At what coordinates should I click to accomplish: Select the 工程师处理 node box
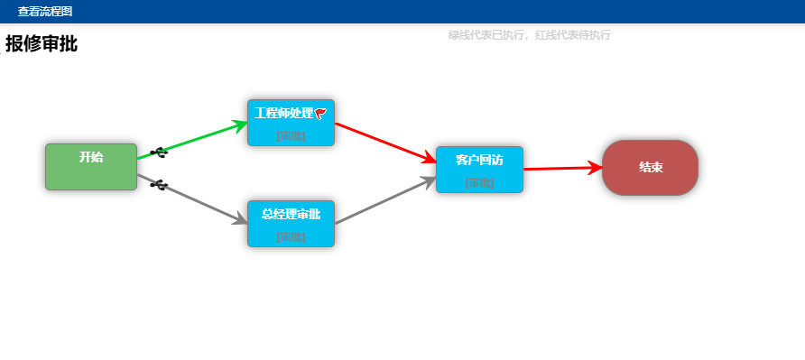click(x=291, y=124)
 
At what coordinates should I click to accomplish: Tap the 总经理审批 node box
click(x=291, y=225)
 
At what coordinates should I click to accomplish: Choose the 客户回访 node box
click(x=479, y=171)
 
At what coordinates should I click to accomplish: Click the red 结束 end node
click(x=650, y=167)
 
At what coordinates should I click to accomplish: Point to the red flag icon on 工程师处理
click(x=320, y=113)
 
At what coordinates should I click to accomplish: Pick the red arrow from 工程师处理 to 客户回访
click(x=384, y=143)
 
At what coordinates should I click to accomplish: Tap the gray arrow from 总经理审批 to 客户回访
click(x=384, y=200)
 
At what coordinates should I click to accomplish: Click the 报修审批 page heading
click(x=42, y=43)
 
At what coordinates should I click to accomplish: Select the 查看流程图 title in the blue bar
click(x=45, y=12)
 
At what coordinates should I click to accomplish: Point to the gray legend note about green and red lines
click(x=530, y=35)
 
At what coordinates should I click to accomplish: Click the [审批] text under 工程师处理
click(x=291, y=136)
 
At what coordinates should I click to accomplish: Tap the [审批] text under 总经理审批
click(x=291, y=237)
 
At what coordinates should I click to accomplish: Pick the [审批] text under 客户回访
click(x=479, y=183)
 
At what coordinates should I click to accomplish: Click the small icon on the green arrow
click(x=159, y=152)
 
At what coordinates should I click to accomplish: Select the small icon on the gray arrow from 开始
click(x=159, y=185)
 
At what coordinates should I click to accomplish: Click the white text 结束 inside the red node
click(x=651, y=167)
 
